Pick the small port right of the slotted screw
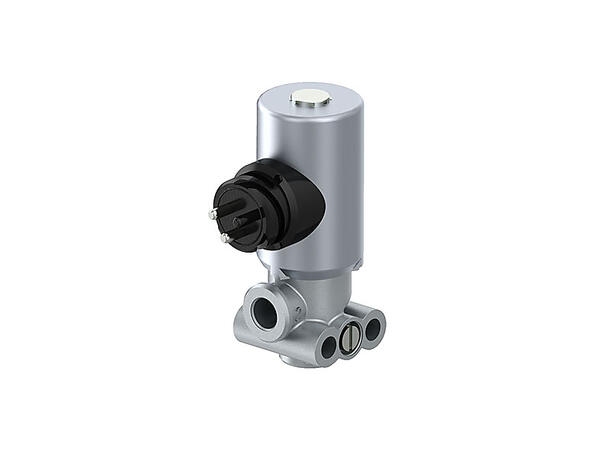pos(372,326)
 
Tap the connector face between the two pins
pos(221,224)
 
